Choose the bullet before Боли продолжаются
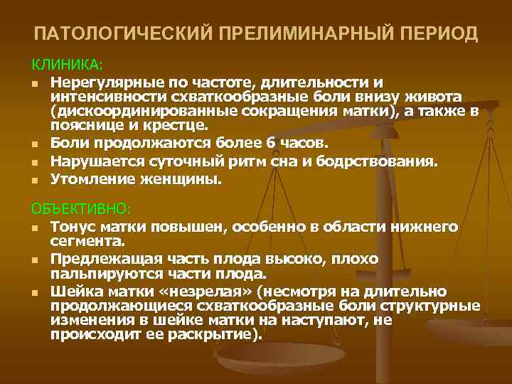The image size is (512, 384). click(36, 144)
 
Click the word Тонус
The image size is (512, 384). click(73, 228)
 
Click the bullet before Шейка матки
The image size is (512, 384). click(36, 292)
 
